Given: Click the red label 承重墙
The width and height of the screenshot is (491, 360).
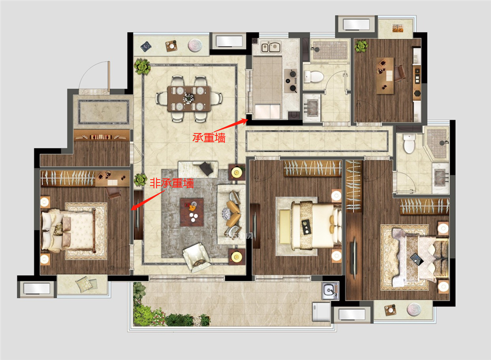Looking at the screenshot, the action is pos(209,138).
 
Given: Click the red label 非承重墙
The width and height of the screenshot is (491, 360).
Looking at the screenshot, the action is pos(171,183).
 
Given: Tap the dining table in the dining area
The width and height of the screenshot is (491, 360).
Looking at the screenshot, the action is pos(189,99).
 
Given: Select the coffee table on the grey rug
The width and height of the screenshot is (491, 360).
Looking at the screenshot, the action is pos(191,212).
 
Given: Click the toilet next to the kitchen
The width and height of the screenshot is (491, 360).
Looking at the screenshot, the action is pos(313,77).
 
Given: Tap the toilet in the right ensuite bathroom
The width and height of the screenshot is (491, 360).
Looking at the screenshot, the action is pos(409,143).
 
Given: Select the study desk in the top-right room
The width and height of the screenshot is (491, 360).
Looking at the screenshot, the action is pos(385,76).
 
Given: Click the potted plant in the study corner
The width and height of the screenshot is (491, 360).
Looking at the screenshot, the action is pos(361,46).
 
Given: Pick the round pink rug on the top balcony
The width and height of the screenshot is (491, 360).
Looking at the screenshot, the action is pos(195,46).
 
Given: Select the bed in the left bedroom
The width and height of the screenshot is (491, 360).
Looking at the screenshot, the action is pos(69,231).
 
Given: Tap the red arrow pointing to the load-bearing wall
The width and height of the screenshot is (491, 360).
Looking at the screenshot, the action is pos(231,126).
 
